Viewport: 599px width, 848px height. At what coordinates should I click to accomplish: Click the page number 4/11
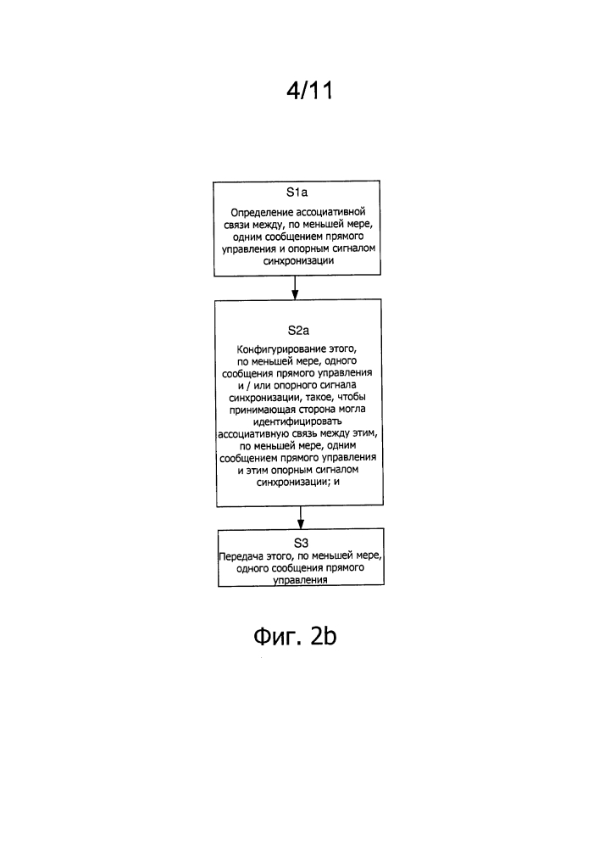click(309, 91)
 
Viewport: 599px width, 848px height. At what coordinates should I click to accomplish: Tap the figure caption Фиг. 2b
click(295, 636)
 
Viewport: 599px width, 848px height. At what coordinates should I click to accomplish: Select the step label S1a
click(297, 192)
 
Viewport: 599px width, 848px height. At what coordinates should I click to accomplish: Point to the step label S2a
click(298, 331)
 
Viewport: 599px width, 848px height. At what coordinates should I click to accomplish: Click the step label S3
click(301, 543)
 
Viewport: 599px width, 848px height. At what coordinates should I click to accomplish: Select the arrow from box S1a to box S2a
click(295, 287)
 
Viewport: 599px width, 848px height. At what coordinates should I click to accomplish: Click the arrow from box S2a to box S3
click(301, 517)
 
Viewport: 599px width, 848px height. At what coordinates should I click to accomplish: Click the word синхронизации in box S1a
click(298, 260)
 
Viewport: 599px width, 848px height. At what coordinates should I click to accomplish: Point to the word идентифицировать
click(297, 421)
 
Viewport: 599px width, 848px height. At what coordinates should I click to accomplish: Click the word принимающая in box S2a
click(263, 410)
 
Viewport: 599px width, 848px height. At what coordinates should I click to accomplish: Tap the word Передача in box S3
click(241, 556)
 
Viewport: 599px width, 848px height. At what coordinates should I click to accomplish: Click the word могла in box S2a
click(352, 409)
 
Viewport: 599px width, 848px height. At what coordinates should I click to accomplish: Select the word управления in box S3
click(300, 580)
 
